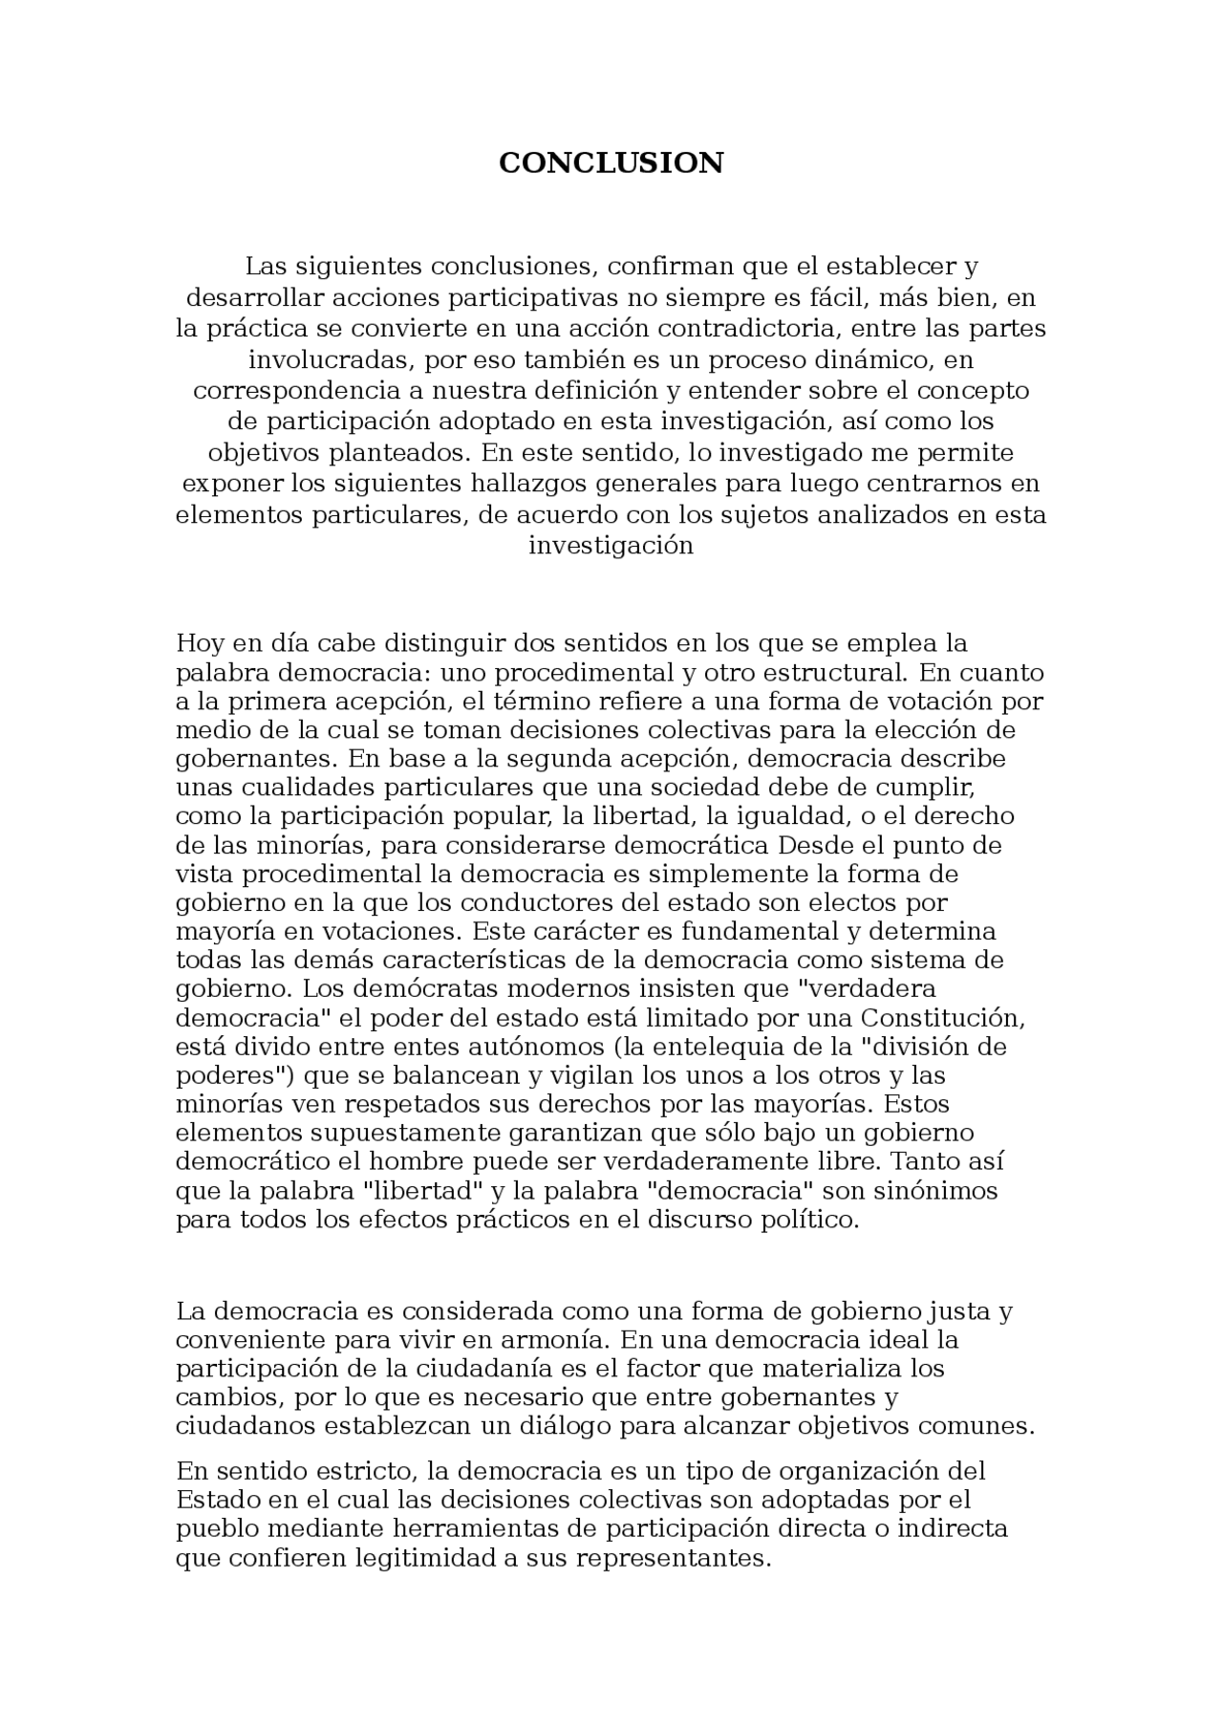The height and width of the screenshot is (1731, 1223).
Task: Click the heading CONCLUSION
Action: (611, 163)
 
